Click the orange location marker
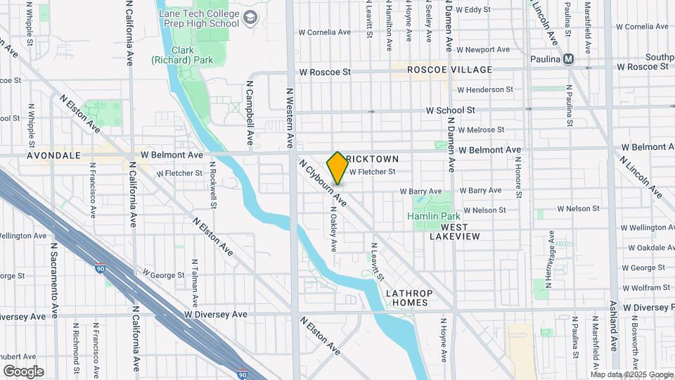point(337,167)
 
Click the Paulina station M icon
point(567,59)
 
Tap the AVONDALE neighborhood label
point(53,155)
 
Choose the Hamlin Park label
point(433,216)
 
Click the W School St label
point(450,110)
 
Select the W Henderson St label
point(490,90)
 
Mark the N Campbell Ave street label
point(249,107)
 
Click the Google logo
point(23,372)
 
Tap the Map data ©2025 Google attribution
point(631,374)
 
